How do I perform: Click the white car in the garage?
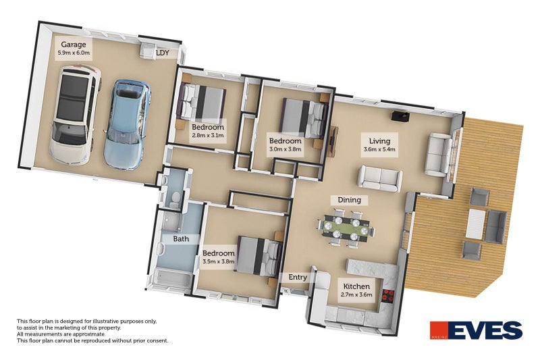point(74,115)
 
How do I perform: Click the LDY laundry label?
point(162,52)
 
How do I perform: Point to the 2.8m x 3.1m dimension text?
point(207,136)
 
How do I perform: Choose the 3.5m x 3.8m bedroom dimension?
point(218,263)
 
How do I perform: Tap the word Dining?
point(349,200)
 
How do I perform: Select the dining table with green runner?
point(349,226)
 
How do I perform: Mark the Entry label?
point(298,277)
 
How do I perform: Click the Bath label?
point(181,239)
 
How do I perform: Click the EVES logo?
point(476,330)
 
